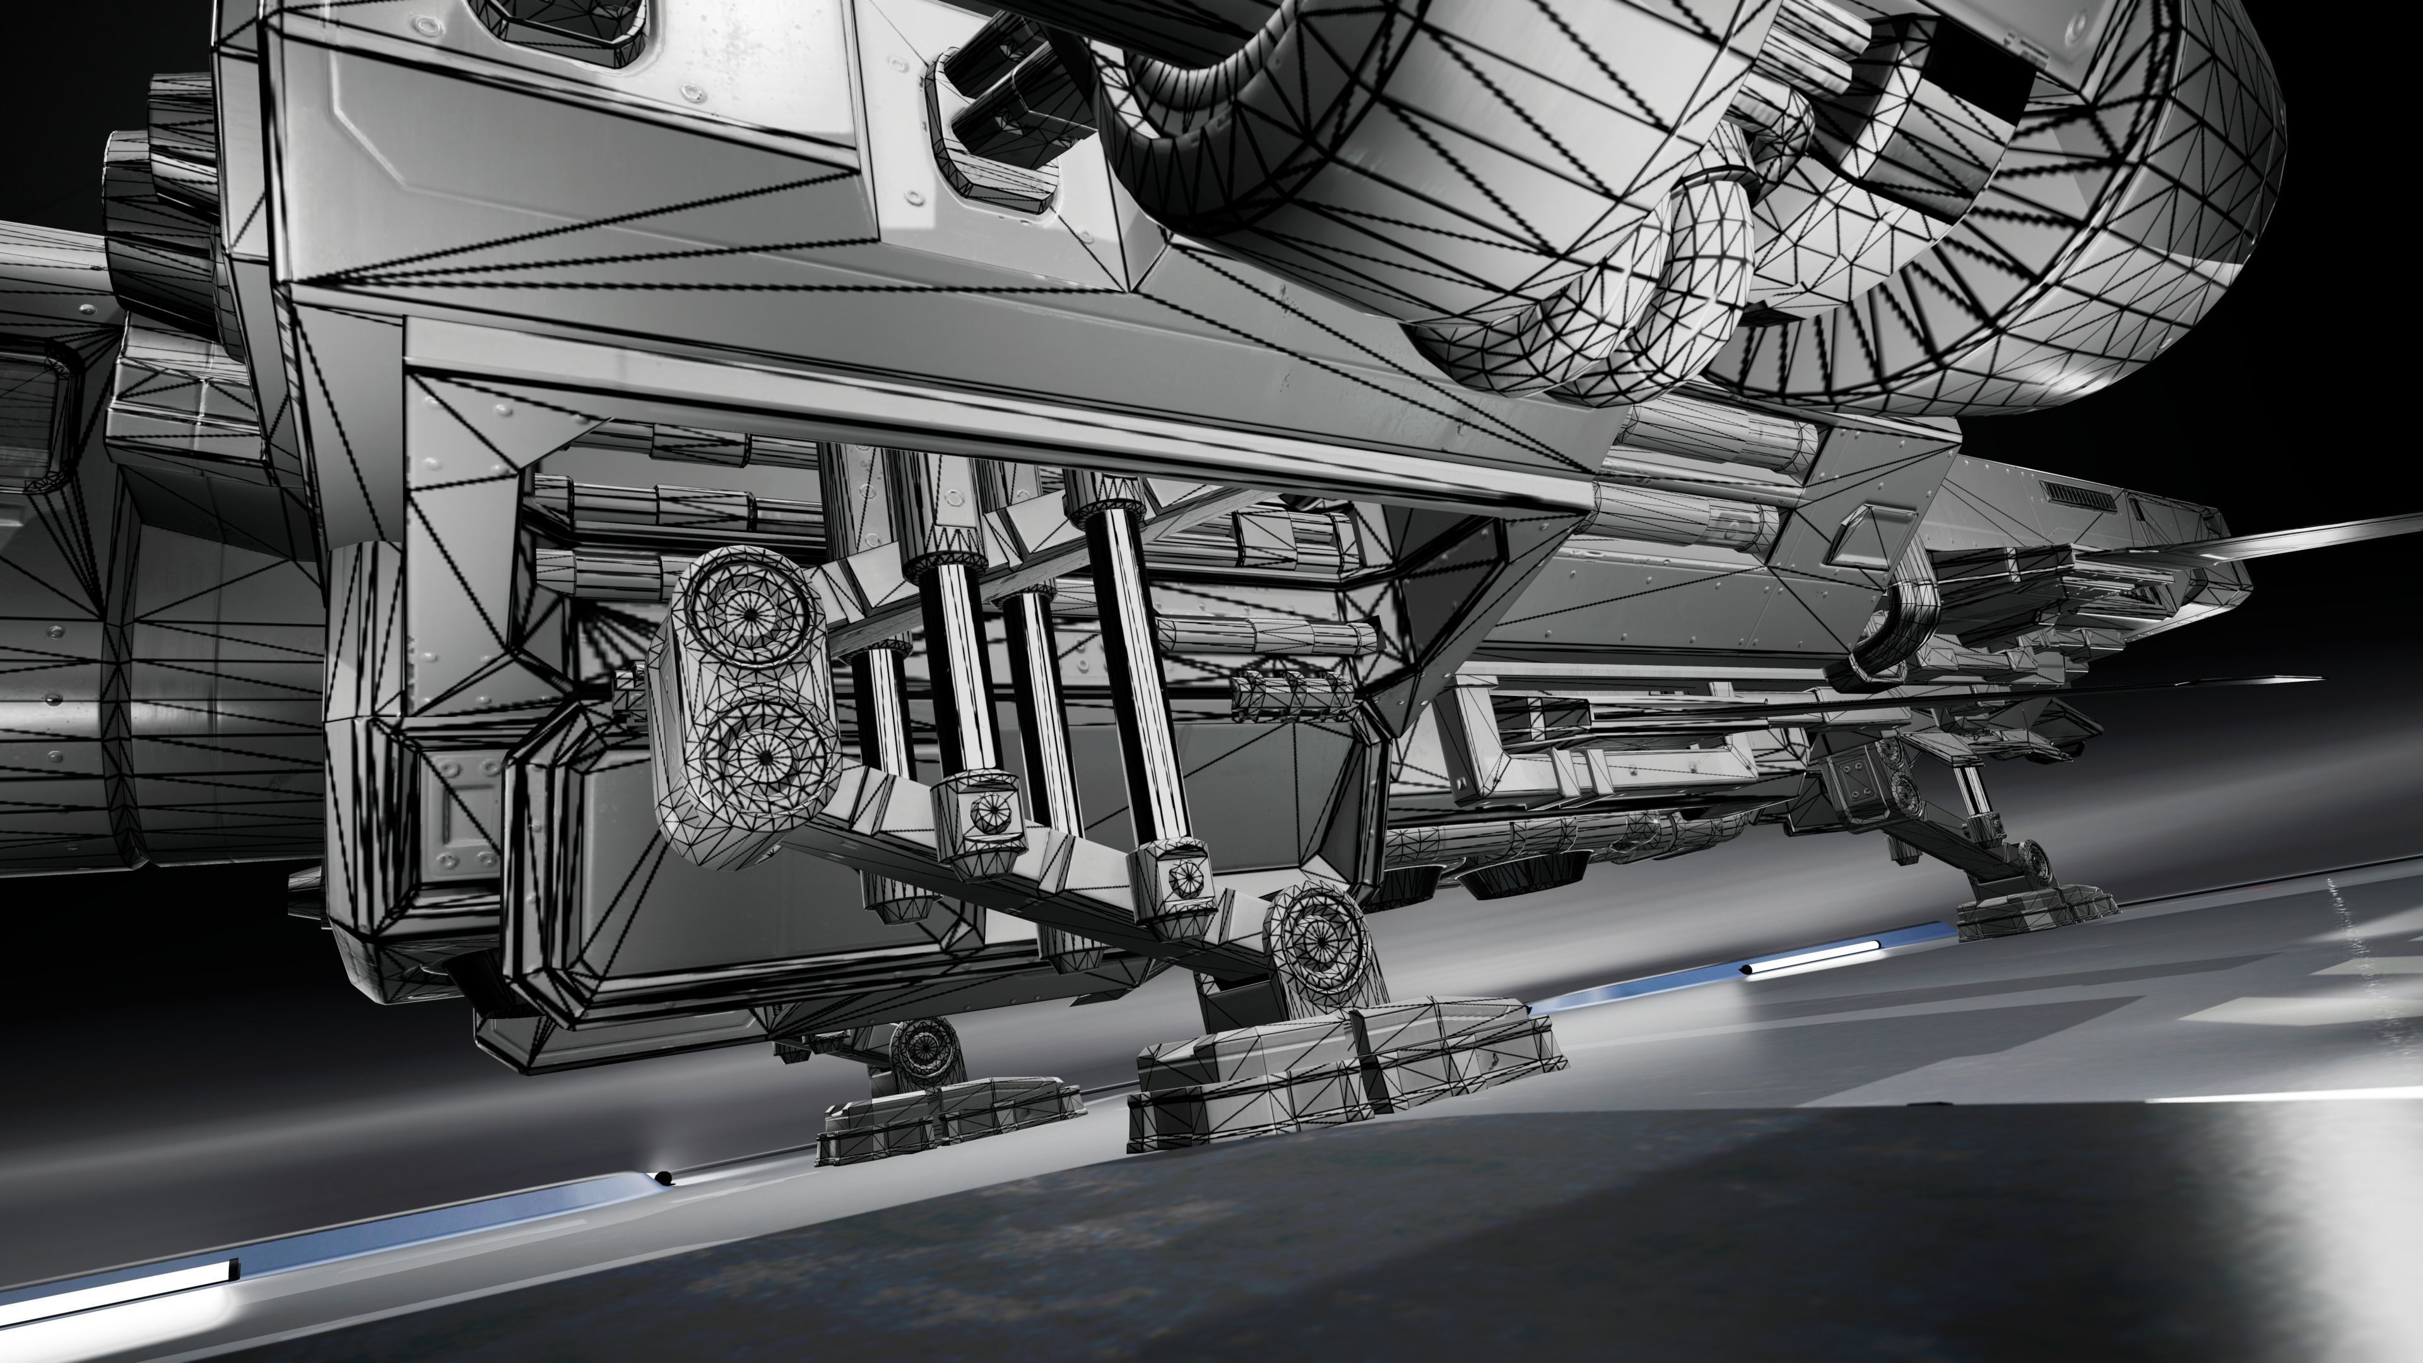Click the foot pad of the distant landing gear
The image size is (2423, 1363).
[x=2036, y=911]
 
